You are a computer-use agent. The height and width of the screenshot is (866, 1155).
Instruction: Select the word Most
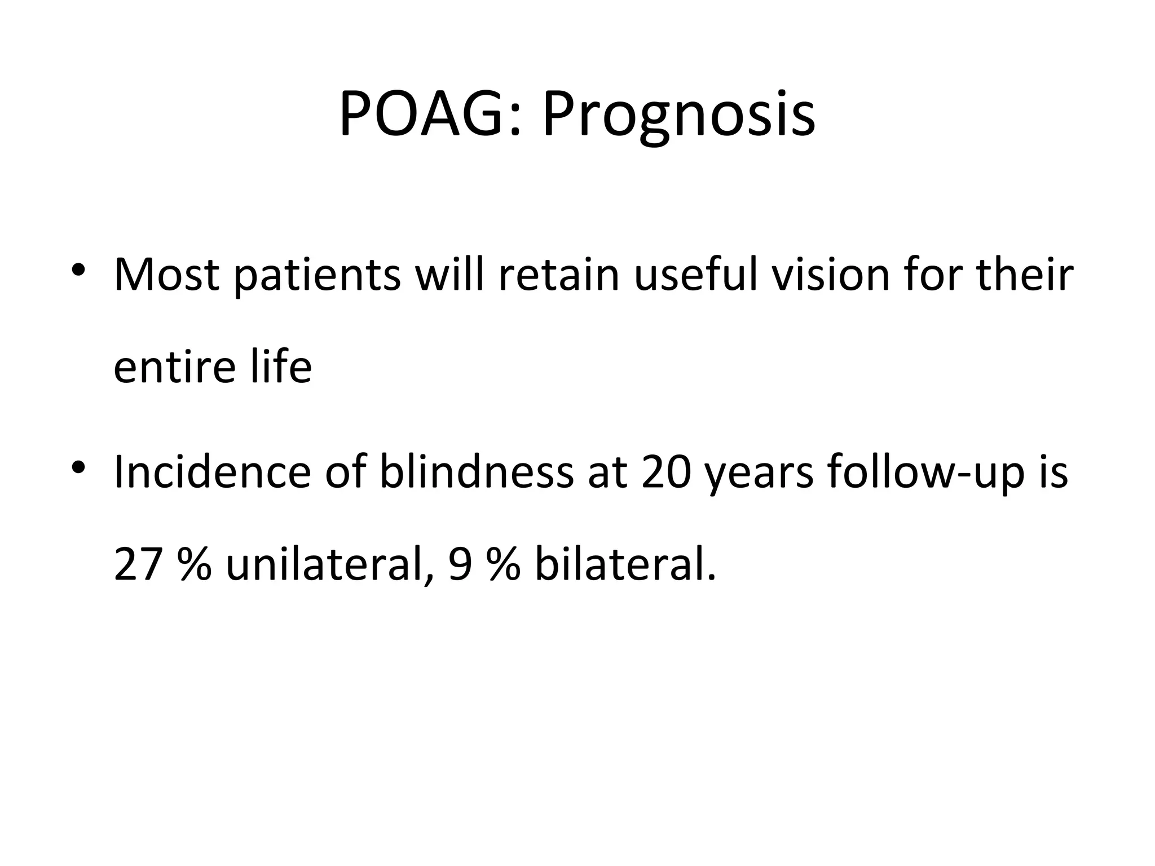(x=166, y=275)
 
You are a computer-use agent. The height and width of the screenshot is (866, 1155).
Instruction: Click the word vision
(x=830, y=275)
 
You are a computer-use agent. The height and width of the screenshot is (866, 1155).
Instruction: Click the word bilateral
(x=625, y=564)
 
